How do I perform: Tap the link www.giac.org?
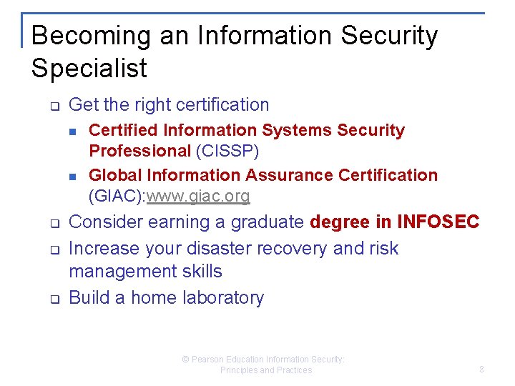tap(198, 196)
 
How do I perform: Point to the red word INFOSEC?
tap(438, 222)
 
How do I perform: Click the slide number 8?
tap(481, 370)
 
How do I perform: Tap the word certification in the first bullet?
tap(219, 105)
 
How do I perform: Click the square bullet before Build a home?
tap(53, 299)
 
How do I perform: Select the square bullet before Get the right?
tap(53, 106)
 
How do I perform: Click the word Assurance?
tap(290, 175)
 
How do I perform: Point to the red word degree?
tap(340, 222)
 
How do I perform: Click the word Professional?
tap(139, 152)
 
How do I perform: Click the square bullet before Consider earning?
tap(53, 223)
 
